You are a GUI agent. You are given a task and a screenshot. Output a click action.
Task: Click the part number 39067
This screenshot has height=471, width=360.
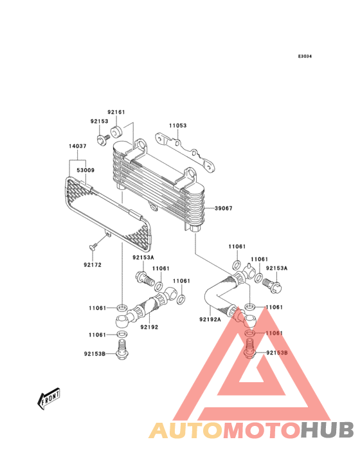224,208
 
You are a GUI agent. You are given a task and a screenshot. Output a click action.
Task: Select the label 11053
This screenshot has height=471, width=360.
177,125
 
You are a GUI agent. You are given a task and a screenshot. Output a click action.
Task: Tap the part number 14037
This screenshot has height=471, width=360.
78,146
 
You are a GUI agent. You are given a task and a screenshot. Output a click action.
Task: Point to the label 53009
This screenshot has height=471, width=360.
85,171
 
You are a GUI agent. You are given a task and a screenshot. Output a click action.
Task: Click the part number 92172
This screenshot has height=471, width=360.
93,265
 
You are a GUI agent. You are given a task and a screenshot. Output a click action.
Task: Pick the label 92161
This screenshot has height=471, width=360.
116,113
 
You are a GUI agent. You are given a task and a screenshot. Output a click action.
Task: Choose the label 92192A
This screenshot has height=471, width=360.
210,319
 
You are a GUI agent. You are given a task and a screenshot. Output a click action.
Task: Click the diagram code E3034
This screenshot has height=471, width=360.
305,57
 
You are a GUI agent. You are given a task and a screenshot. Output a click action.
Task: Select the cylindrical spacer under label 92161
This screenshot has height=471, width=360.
116,132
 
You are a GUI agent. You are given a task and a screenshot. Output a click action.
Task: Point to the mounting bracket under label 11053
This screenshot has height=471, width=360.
186,153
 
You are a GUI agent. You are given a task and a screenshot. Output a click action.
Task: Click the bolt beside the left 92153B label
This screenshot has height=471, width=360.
122,350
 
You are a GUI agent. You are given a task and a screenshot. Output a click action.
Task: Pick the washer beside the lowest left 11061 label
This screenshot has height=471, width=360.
122,334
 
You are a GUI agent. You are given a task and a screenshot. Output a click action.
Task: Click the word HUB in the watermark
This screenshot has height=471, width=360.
328,430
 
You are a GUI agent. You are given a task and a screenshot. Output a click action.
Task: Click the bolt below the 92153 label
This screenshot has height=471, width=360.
103,140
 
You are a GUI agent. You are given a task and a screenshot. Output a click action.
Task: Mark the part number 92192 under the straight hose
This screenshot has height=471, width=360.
149,327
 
